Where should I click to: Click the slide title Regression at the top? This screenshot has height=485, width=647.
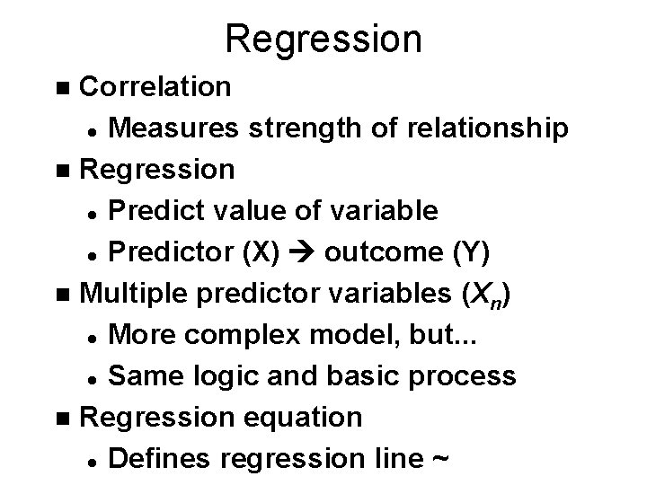(323, 39)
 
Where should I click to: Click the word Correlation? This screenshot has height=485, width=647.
(155, 87)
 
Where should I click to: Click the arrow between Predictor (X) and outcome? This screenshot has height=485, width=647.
(300, 253)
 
